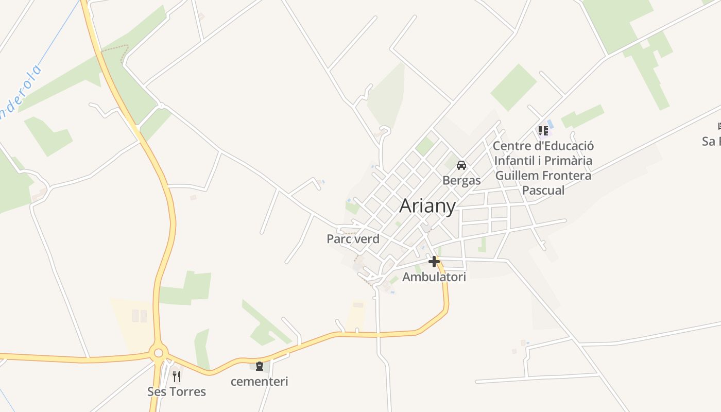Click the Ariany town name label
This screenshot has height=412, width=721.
427,206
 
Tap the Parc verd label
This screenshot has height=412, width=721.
353,239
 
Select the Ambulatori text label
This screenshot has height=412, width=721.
434,277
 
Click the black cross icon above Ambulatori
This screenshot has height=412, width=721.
434,262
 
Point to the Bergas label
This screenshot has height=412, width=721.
461,180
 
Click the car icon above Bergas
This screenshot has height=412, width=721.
461,165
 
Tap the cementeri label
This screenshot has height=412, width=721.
259,382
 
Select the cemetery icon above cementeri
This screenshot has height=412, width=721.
260,366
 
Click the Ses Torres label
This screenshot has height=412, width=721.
177,392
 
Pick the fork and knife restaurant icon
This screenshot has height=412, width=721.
177,376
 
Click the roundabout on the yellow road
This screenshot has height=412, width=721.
158,353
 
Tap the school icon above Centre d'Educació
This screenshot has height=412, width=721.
543,131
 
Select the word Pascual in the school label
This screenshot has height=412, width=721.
543,190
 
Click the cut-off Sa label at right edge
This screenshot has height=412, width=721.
711,141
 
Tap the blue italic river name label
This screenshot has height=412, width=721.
21,93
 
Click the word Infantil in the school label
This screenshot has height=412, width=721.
514,161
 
